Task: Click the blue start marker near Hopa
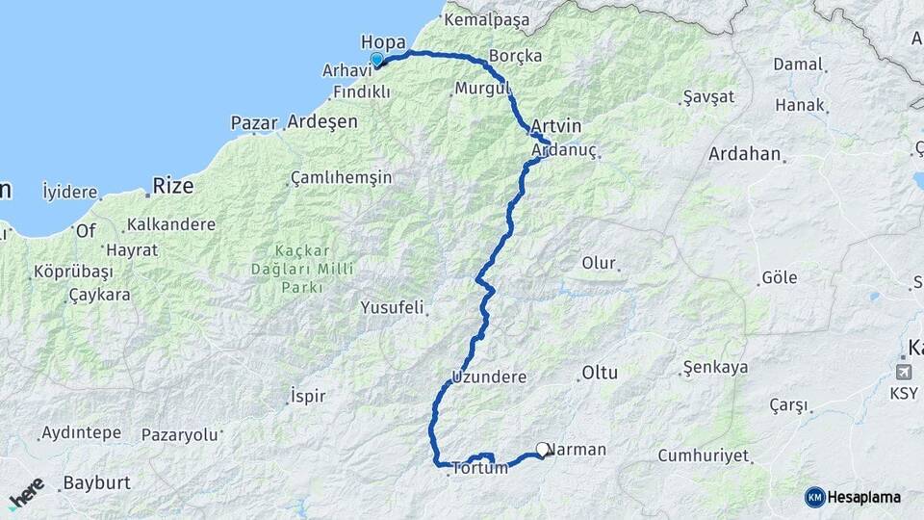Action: click(x=377, y=60)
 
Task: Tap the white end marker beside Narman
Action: click(x=543, y=450)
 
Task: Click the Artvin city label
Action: click(x=556, y=126)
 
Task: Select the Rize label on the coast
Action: click(x=173, y=185)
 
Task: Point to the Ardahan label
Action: click(x=744, y=154)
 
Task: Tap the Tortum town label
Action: click(x=478, y=468)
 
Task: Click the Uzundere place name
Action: click(x=489, y=377)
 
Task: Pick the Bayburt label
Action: click(x=96, y=482)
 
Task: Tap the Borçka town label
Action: click(x=515, y=56)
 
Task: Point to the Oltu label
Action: click(x=599, y=373)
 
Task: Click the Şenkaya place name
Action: click(x=715, y=368)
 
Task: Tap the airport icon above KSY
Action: click(x=905, y=372)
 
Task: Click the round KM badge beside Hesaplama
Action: click(x=815, y=497)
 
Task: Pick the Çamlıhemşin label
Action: click(x=341, y=178)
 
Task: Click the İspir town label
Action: click(x=308, y=396)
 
